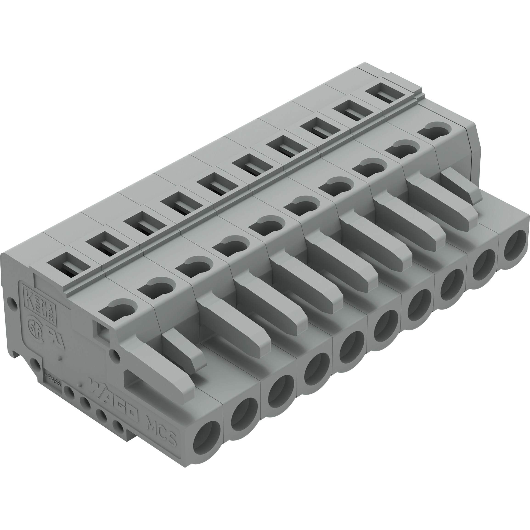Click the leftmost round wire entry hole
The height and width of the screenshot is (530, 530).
point(206,446)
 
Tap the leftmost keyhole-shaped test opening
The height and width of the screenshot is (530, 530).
point(118,310)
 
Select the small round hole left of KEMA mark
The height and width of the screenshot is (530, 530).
point(11,302)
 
